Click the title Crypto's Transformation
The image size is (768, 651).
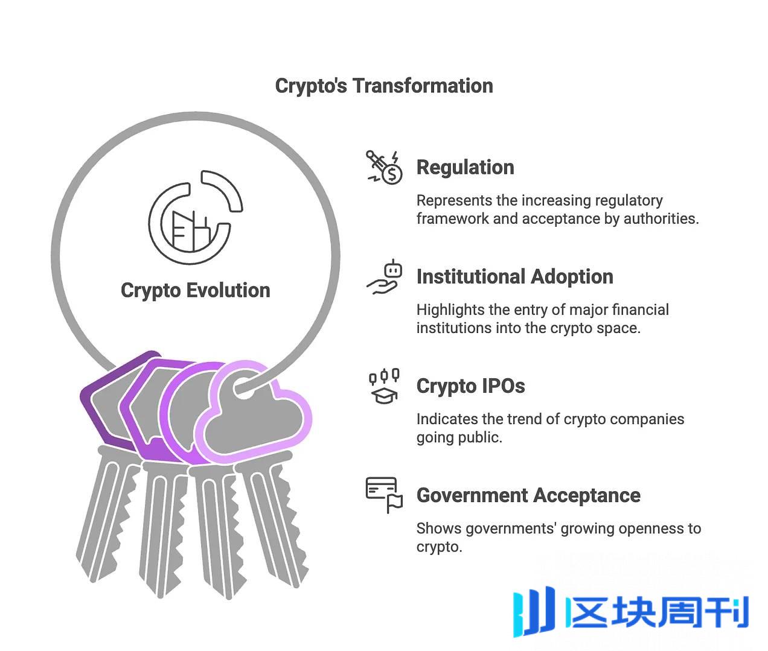tap(384, 86)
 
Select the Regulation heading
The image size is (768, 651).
tap(465, 167)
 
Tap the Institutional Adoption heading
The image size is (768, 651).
tap(514, 276)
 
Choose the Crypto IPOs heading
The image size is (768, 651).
tap(470, 386)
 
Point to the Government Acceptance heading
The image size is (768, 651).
tap(528, 495)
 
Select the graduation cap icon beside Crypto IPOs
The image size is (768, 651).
tap(384, 386)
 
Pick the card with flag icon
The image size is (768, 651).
tap(384, 495)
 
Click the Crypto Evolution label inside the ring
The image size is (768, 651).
tap(195, 290)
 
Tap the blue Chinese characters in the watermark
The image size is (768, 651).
tap(658, 613)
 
